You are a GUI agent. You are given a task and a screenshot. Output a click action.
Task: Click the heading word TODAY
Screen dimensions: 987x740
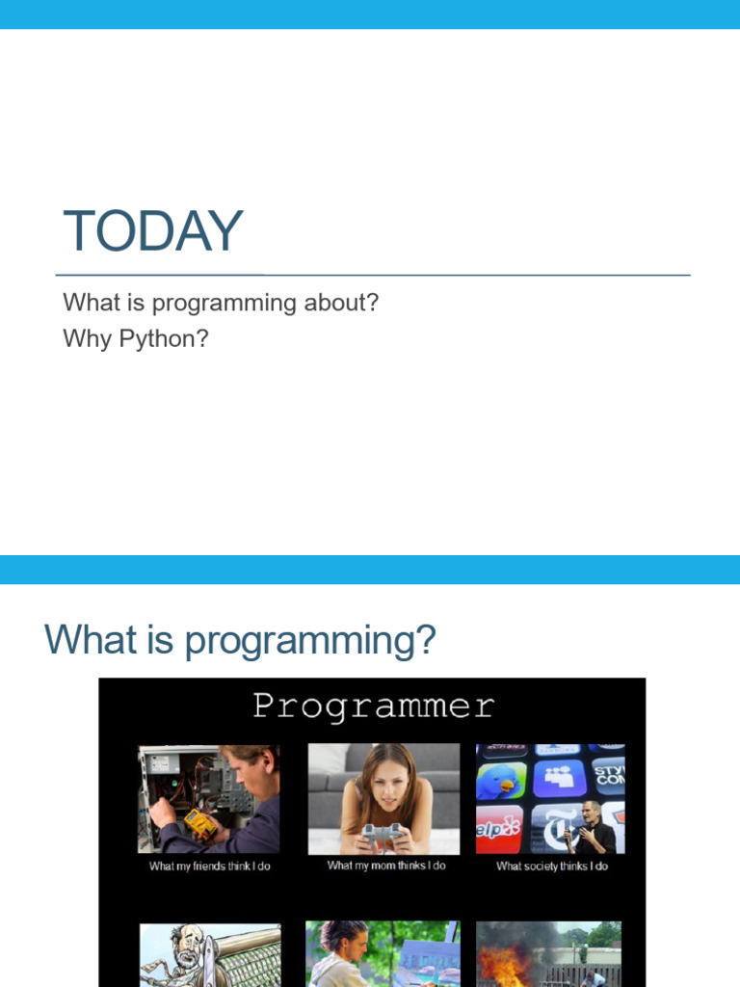tap(152, 232)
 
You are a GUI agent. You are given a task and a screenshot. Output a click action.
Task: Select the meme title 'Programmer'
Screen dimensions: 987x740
tap(373, 707)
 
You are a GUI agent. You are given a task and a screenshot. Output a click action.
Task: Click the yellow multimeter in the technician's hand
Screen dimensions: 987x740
tap(199, 824)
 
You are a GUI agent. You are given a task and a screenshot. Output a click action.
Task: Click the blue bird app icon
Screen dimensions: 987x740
tap(501, 782)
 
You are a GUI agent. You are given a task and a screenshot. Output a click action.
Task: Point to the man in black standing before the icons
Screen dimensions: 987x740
tap(590, 827)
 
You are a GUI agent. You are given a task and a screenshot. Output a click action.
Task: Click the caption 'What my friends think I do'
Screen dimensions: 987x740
tap(209, 867)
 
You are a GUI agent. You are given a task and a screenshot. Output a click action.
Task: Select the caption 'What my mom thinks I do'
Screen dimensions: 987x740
tap(386, 866)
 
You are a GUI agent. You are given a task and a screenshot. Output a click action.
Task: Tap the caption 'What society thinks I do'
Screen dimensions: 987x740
tap(551, 867)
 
